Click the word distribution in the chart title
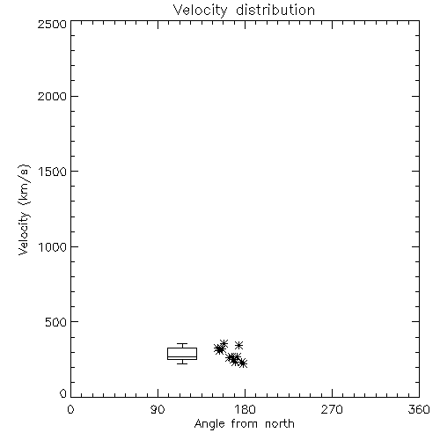pyautogui.click(x=275, y=10)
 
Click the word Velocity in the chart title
pyautogui.click(x=200, y=10)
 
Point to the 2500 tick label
pyautogui.click(x=52, y=24)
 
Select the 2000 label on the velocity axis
pyautogui.click(x=52, y=96)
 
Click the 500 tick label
pyautogui.click(x=56, y=322)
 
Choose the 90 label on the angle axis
pyautogui.click(x=158, y=409)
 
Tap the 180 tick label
pyautogui.click(x=245, y=409)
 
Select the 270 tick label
pyautogui.click(x=332, y=409)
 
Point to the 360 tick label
pyautogui.click(x=419, y=409)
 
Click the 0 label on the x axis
pyautogui.click(x=70, y=409)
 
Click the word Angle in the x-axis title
pyautogui.click(x=209, y=424)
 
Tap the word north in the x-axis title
pyautogui.click(x=280, y=424)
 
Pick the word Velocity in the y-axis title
pyautogui.click(x=24, y=233)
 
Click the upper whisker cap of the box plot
pyautogui.click(x=182, y=344)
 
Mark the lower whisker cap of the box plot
pyautogui.click(x=182, y=363)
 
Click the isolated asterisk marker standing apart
pyautogui.click(x=239, y=345)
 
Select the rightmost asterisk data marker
pyautogui.click(x=243, y=363)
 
